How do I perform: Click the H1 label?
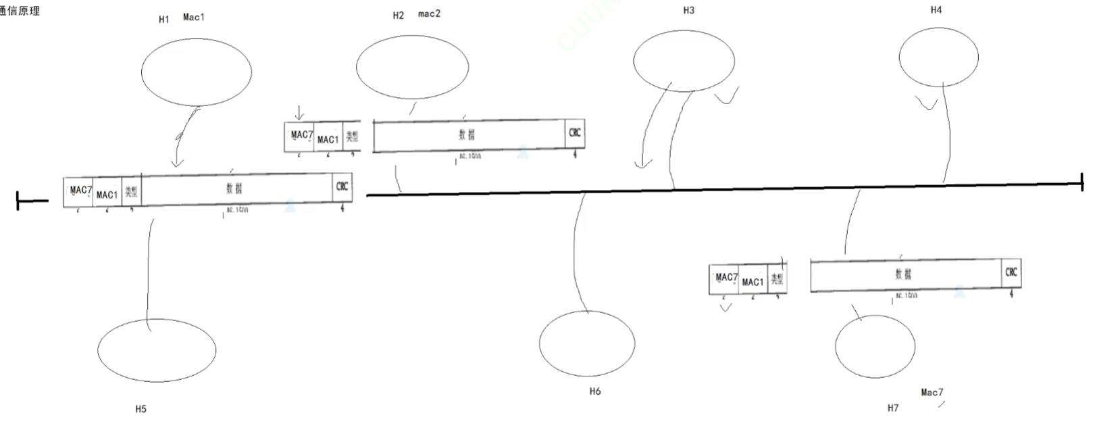[163, 20]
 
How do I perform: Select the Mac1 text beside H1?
[193, 17]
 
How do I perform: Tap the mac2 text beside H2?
[429, 14]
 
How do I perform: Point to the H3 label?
[688, 10]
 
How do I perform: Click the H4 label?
[936, 9]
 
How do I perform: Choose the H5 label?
[141, 409]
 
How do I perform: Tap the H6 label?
[594, 391]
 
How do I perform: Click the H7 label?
[893, 408]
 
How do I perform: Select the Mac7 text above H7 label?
[932, 392]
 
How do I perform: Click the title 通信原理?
[20, 11]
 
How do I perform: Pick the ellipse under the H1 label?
[197, 71]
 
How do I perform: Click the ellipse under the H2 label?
[412, 68]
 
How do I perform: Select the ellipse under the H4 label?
[938, 57]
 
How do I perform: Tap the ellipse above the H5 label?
[157, 350]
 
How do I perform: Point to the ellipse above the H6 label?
[587, 343]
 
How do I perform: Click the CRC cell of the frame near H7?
[1011, 272]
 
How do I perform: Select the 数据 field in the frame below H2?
[467, 135]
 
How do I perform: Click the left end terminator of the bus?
[19, 201]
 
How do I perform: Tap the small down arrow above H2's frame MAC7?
[299, 113]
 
